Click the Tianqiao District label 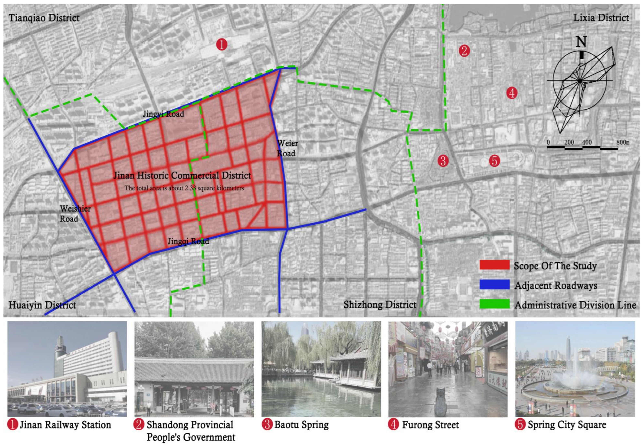pyautogui.click(x=44, y=18)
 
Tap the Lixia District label pyautogui.click(x=601, y=18)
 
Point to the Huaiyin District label pyautogui.click(x=42, y=305)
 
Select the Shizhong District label pyautogui.click(x=380, y=304)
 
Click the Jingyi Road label pyautogui.click(x=163, y=114)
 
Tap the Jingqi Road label pyautogui.click(x=188, y=241)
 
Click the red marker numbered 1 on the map pyautogui.click(x=222, y=45)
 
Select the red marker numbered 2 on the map pyautogui.click(x=464, y=51)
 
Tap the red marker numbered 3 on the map pyautogui.click(x=443, y=161)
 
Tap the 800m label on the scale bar pyautogui.click(x=623, y=142)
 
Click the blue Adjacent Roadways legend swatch pyautogui.click(x=494, y=285)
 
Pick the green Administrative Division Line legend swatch pyautogui.click(x=494, y=304)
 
